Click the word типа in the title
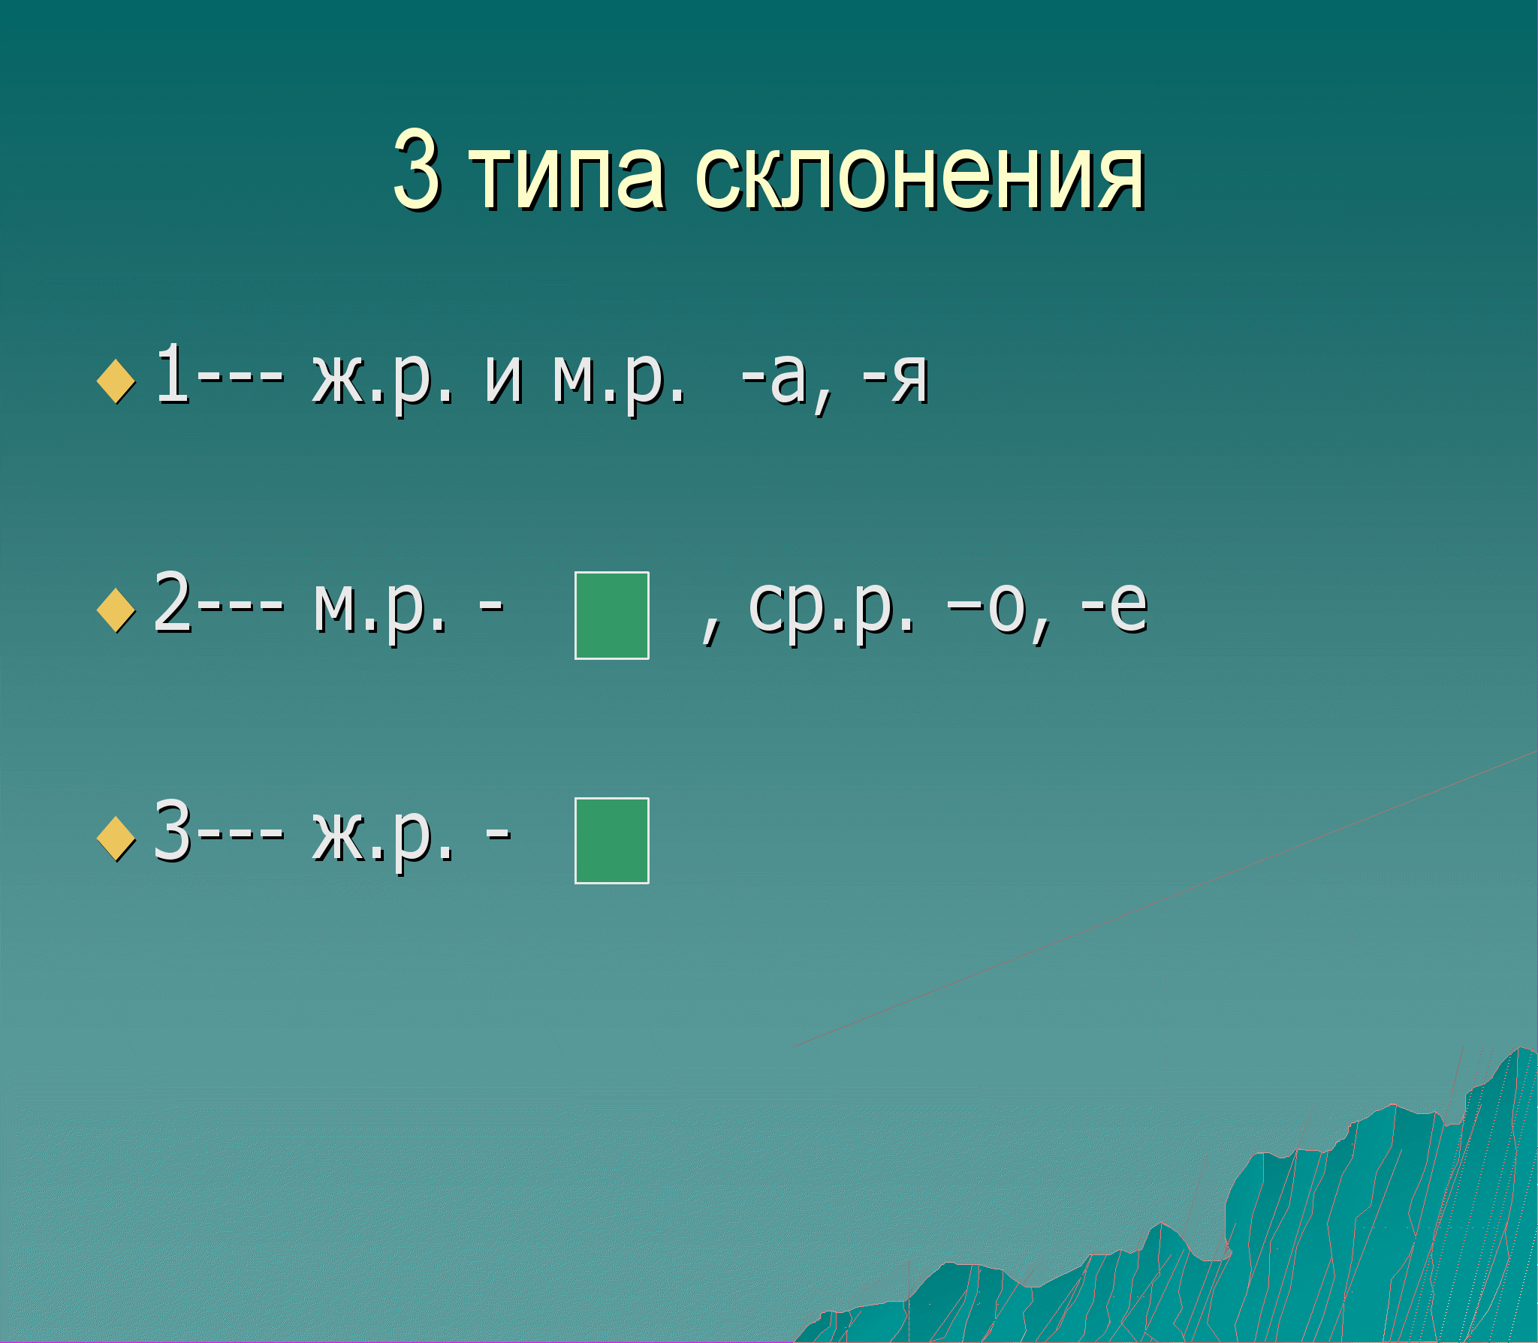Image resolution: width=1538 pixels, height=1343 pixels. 567,177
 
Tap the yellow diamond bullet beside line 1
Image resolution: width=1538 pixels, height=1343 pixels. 116,381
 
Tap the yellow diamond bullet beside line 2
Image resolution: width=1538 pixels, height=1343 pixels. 116,610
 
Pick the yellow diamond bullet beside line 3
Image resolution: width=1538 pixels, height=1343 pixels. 116,839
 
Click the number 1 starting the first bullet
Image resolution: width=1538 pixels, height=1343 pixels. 171,373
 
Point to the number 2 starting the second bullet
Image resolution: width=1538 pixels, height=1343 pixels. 172,602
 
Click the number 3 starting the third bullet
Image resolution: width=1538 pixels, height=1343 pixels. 172,830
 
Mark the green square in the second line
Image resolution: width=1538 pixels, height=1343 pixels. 612,616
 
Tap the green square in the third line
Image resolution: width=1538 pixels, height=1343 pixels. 612,841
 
